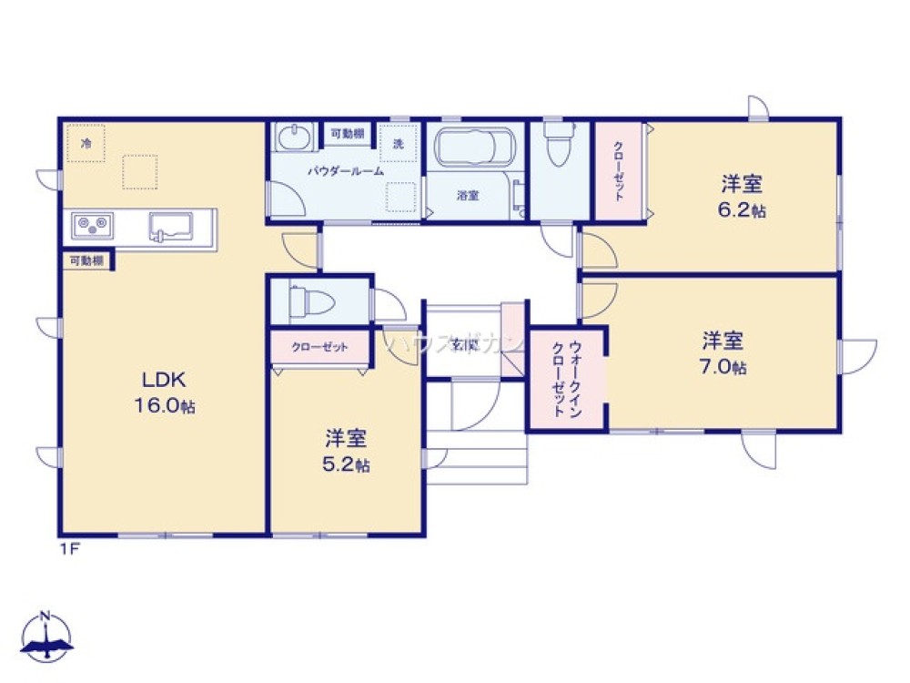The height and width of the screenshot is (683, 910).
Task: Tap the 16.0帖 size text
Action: tap(164, 406)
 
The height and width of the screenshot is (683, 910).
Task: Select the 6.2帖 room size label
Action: tap(741, 211)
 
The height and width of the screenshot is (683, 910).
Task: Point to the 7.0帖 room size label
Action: tap(723, 368)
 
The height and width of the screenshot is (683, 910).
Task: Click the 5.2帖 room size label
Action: tap(347, 464)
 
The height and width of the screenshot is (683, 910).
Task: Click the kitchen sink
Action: tap(170, 225)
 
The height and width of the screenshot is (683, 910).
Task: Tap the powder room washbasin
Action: tap(293, 138)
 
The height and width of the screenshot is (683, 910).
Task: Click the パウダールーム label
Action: tap(345, 170)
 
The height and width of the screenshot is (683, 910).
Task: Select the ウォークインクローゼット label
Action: tap(567, 379)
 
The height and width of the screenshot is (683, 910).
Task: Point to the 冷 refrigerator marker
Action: tap(86, 143)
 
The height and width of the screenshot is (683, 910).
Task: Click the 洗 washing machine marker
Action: tap(398, 143)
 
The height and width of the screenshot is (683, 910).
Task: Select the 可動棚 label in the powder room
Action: tap(347, 134)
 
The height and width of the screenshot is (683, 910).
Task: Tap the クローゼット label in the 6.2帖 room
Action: tap(618, 170)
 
